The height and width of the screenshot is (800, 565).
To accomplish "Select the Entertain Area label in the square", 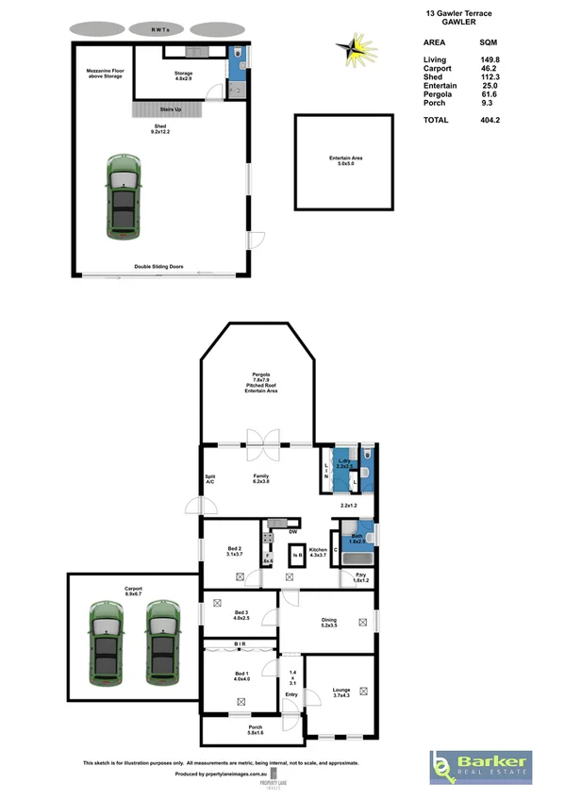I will (x=344, y=161).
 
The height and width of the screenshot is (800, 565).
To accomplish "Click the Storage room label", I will (x=183, y=75).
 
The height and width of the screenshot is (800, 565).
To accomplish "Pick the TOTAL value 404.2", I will (x=490, y=120).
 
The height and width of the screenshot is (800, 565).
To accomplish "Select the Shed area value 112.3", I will (x=490, y=76).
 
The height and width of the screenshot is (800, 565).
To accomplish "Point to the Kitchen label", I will (x=318, y=551).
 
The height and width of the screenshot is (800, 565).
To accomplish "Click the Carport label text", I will (x=133, y=589).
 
